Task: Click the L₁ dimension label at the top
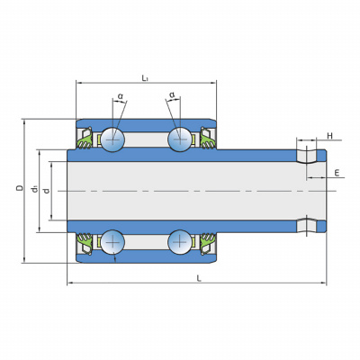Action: [x=145, y=78]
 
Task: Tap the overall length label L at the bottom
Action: [x=199, y=278]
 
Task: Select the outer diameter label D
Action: [x=20, y=188]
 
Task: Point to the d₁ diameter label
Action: [x=34, y=189]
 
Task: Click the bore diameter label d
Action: [x=47, y=191]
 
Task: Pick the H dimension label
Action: [x=329, y=136]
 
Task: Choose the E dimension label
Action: [x=337, y=173]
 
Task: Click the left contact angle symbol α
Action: [x=121, y=96]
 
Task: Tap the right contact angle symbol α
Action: [x=172, y=95]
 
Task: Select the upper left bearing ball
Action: [x=112, y=139]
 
